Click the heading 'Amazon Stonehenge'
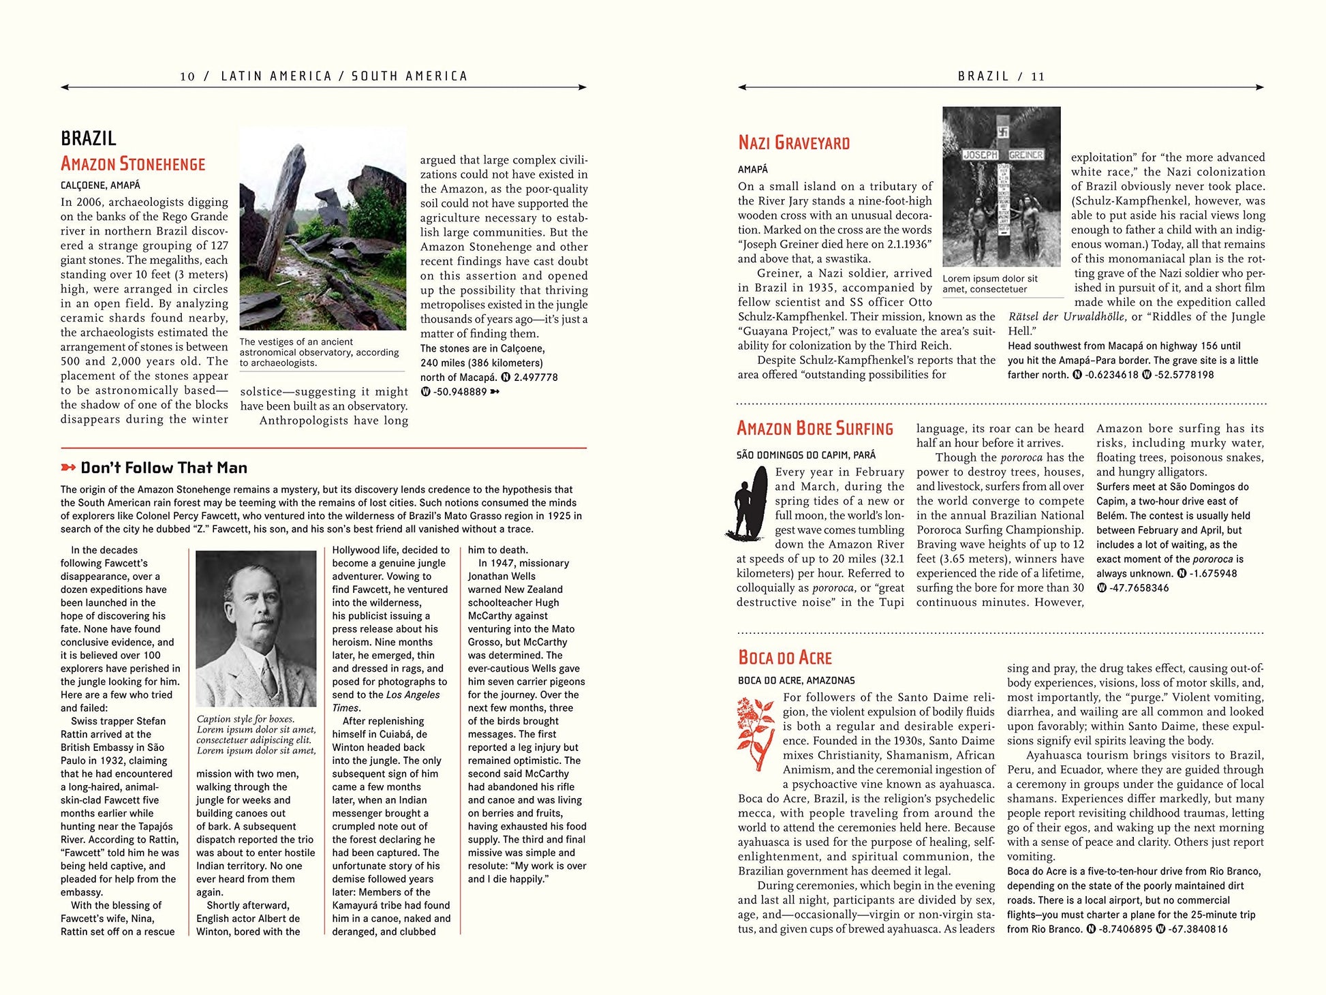tap(133, 164)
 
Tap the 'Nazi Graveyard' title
tap(794, 143)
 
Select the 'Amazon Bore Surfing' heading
tap(814, 429)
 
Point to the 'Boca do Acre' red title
tap(785, 658)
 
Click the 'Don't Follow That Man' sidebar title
tap(164, 468)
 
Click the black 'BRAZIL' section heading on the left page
tap(89, 138)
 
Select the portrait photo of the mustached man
tap(256, 628)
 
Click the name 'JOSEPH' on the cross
tap(981, 155)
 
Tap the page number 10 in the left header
tap(187, 76)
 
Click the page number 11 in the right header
tap(1038, 76)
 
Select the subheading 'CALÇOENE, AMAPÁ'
tap(100, 185)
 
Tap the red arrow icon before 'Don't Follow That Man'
tap(68, 468)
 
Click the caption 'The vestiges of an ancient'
tap(296, 342)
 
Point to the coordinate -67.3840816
tap(1198, 929)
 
